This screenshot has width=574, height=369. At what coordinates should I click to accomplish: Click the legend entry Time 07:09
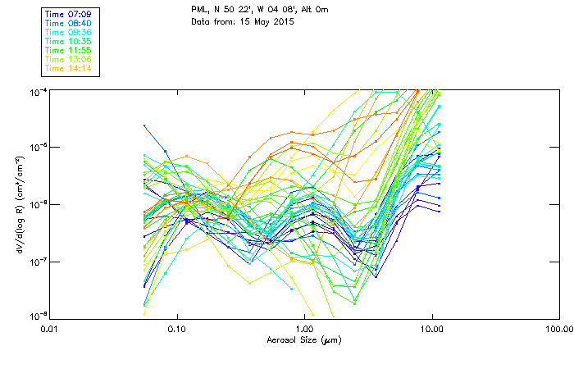point(69,14)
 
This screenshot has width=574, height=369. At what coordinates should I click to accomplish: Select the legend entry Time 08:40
point(69,23)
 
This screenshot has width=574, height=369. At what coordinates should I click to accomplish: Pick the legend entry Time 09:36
point(69,32)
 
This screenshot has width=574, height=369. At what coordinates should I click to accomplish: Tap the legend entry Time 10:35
point(69,41)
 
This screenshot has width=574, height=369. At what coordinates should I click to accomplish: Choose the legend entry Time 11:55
point(69,50)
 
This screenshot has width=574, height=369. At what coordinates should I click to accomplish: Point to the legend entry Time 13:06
point(69,59)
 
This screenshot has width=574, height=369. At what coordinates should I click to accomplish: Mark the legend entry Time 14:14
point(69,68)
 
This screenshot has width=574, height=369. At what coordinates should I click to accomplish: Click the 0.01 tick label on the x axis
point(49,329)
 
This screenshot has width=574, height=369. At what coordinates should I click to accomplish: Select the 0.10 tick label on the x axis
point(176,329)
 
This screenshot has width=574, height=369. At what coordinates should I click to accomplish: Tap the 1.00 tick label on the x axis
point(304,329)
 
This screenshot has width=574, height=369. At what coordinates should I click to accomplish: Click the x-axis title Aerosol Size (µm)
point(304,339)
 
